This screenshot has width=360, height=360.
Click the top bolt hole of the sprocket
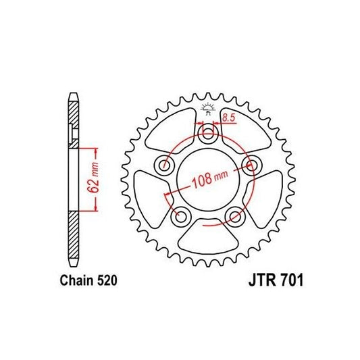(x=208, y=134)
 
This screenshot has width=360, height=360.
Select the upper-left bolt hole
(x=163, y=165)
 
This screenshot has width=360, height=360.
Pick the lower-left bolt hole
(x=180, y=217)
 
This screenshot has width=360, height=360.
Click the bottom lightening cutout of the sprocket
(x=208, y=236)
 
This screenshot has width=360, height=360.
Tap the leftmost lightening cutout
(x=149, y=195)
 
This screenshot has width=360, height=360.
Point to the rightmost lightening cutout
(x=267, y=195)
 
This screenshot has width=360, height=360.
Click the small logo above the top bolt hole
(x=208, y=108)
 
